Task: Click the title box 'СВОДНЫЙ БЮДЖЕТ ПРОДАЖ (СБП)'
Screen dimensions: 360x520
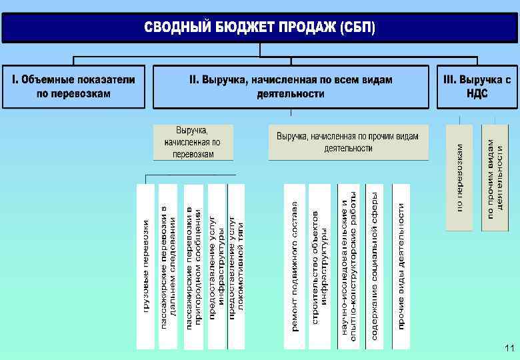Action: (x=260, y=28)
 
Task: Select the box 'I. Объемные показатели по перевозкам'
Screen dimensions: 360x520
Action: (x=73, y=87)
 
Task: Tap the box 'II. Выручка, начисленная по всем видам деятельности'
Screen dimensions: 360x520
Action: (x=291, y=87)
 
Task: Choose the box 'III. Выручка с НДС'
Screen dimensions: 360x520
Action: (x=477, y=87)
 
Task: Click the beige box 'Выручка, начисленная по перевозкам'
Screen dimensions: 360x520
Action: (x=193, y=142)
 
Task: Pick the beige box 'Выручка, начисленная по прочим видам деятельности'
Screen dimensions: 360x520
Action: (x=348, y=142)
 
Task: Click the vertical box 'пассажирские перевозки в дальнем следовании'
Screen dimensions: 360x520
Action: (x=169, y=267)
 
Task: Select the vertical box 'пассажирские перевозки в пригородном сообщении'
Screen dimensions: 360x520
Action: (x=193, y=267)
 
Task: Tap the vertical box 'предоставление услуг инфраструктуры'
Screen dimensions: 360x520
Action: (x=217, y=267)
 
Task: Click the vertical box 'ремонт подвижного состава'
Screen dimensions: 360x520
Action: (x=295, y=267)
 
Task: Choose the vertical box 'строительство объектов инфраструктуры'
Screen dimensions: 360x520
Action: (x=319, y=267)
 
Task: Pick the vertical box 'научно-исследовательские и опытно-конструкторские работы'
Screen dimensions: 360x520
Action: (x=349, y=267)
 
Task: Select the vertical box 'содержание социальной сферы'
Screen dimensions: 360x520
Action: (x=375, y=267)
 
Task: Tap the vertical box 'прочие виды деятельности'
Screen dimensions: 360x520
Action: (x=401, y=267)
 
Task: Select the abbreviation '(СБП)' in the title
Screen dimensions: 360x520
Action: (x=357, y=29)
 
